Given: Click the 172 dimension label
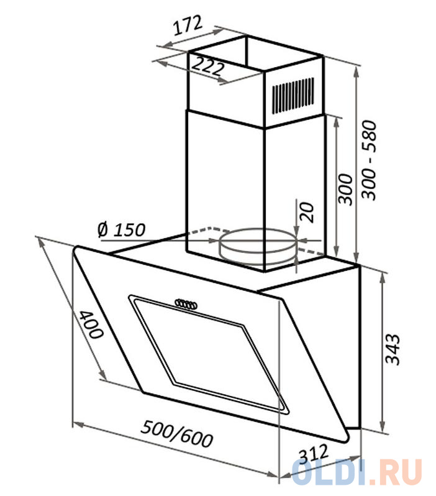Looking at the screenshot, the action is click(188, 25).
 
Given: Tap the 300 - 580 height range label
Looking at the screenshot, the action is click(369, 160).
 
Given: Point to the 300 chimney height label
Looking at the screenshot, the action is click(345, 190).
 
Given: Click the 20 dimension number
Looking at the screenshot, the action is click(307, 212).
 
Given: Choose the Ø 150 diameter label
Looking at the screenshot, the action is click(121, 230).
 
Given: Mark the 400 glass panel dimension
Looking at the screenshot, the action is click(91, 324).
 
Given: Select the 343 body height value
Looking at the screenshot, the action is click(393, 349).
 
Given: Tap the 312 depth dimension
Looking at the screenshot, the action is click(314, 454).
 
